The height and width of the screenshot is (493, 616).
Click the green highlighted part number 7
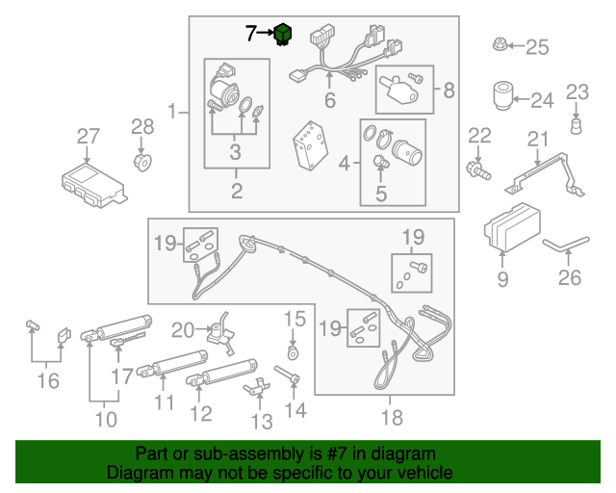pos(283,36)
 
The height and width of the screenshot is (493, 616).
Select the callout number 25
pos(535,45)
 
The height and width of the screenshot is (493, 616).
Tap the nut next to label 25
pos(500,44)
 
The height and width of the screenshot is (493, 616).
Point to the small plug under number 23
pos(576,125)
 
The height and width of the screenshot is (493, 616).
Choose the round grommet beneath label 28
pos(141,160)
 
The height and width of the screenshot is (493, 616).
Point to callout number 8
pos(449,91)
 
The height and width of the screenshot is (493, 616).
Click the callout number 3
pos(235,151)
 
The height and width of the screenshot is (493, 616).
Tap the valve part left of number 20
pos(224,331)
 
